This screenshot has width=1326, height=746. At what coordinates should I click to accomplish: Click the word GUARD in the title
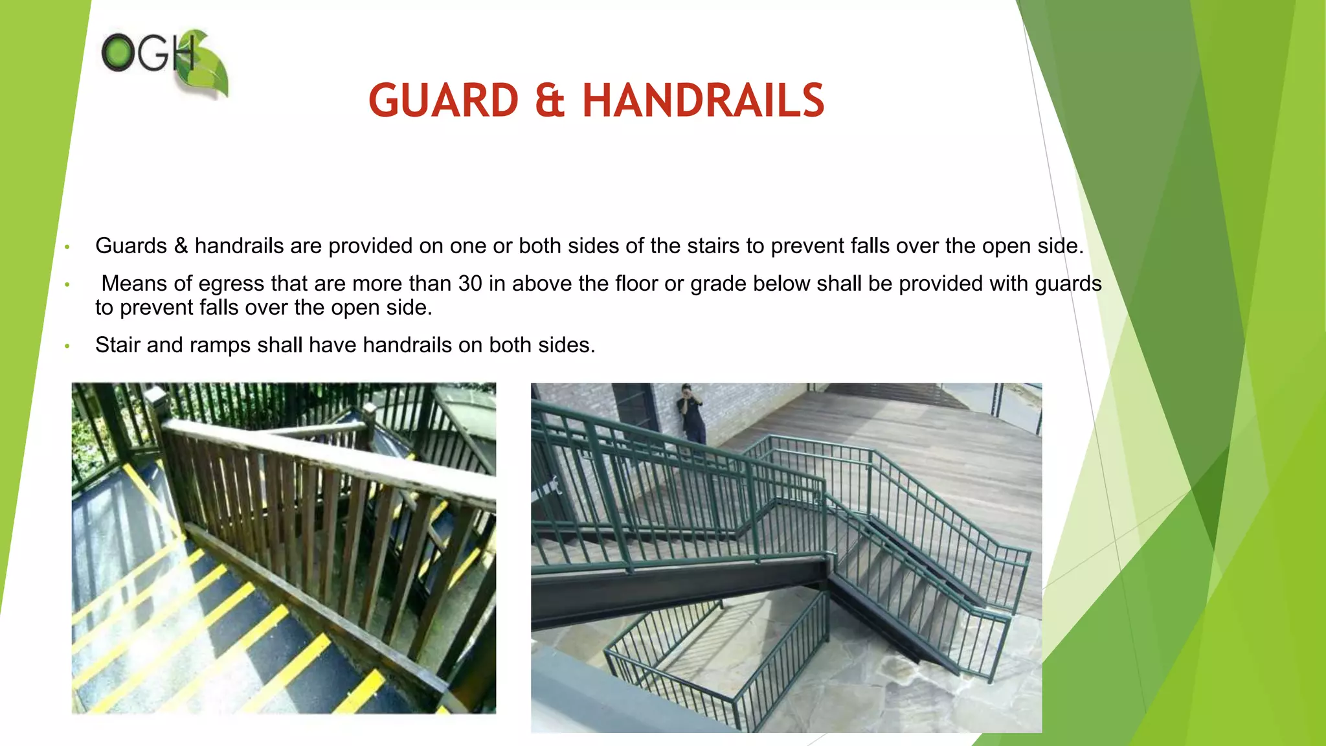tap(444, 101)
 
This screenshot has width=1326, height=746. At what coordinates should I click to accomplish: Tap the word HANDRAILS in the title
tap(703, 101)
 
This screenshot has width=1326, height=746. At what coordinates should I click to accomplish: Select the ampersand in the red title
tap(550, 102)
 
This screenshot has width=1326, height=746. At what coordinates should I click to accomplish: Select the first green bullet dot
tap(67, 247)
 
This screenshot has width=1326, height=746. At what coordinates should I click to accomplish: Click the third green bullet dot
tap(67, 346)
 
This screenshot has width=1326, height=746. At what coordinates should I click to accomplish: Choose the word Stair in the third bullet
tap(118, 345)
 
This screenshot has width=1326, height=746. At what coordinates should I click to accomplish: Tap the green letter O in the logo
tap(117, 52)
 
